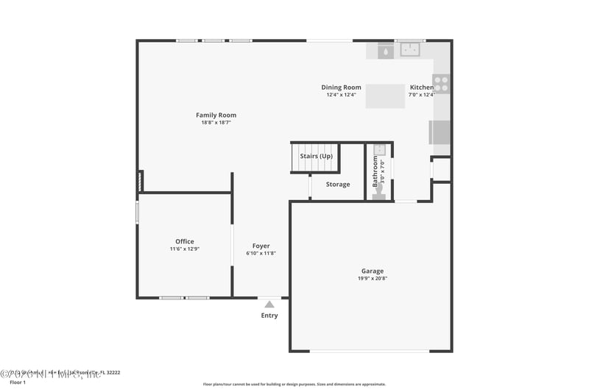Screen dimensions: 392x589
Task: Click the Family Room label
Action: point(216,115)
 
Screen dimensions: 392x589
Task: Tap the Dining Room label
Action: point(341,88)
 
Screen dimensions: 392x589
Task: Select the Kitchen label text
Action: point(422,88)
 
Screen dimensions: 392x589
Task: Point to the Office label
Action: point(185,241)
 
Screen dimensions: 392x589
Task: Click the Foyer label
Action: point(261,246)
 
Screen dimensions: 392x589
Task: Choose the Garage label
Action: point(372,271)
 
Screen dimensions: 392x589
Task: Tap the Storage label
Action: point(338,184)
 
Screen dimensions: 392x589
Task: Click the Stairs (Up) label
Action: point(316,156)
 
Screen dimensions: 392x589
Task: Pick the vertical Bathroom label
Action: point(375,169)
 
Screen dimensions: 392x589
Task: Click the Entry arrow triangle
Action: point(269,304)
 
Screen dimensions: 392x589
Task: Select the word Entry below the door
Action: point(269,316)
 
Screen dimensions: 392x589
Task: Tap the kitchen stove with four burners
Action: point(441,84)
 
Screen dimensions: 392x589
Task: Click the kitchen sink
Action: point(409,50)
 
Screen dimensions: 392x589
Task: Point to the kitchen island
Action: point(385,96)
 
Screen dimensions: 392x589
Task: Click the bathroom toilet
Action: point(378,192)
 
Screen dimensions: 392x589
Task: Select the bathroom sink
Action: point(380,149)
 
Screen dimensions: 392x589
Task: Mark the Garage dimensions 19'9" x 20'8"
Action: point(372,278)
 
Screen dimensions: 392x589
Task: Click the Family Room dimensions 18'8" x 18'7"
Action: point(216,122)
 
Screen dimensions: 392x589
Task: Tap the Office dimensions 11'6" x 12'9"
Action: point(185,249)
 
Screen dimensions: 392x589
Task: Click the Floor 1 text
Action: point(18,382)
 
